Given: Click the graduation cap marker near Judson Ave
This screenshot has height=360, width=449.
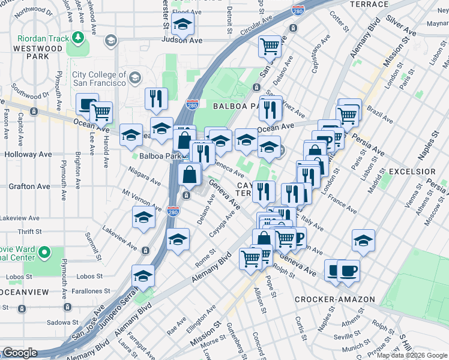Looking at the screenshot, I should [x=181, y=25].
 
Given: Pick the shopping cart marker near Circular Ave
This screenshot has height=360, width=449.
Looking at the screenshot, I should [x=270, y=46].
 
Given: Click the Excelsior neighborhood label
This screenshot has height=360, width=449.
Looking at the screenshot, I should [x=412, y=172].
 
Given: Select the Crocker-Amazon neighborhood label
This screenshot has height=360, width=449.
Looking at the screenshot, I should [x=335, y=299].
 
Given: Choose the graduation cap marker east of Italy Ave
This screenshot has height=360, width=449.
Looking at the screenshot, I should [x=363, y=240].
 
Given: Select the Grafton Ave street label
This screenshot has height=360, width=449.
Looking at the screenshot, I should [x=29, y=187].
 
